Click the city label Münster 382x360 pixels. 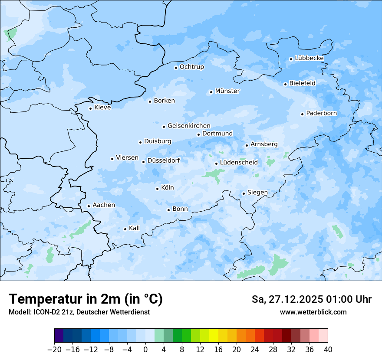tap(227, 91)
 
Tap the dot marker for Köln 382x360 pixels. tap(157, 189)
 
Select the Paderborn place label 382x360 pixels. tap(322, 113)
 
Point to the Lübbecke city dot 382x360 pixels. tap(291, 59)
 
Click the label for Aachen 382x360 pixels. tap(104, 205)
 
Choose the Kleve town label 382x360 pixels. tap(102, 108)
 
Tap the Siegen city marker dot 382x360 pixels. tap(244, 193)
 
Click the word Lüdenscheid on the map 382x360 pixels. tap(239, 163)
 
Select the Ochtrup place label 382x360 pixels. tap(192, 67)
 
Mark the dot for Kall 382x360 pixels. tap(125, 229)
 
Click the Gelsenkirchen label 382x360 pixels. tap(189, 126)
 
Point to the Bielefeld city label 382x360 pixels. tap(303, 83)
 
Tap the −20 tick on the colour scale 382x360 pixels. tap(54, 350)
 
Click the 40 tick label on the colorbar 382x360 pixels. tap(328, 350)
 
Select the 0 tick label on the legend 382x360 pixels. tap(145, 350)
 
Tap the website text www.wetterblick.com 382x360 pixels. tap(313, 312)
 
